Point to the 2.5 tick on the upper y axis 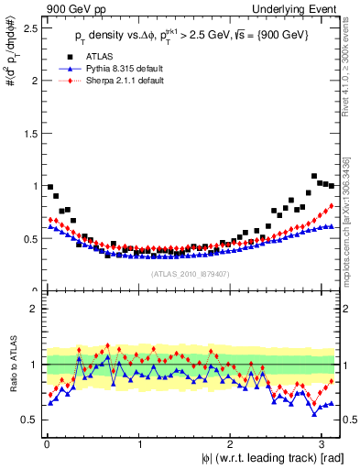click(x=29, y=27)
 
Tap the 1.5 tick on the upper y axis click(x=29, y=133)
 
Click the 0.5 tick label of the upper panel click(x=29, y=239)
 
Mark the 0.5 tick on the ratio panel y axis click(x=29, y=419)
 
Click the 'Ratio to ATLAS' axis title click(x=12, y=365)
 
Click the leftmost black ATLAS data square click(x=50, y=187)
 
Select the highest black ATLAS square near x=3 click(x=314, y=175)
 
